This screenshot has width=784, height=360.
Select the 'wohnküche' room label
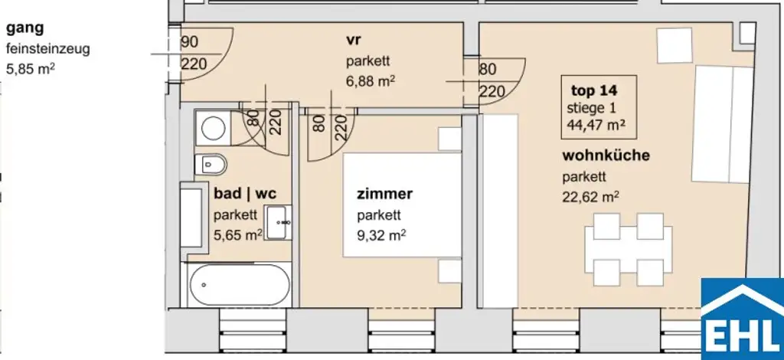coord(606,155)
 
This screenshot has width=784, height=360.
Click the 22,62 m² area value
coord(590,195)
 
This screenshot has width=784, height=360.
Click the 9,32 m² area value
coord(381,234)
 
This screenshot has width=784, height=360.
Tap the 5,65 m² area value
coord(238,234)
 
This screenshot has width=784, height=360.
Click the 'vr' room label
coord(353,38)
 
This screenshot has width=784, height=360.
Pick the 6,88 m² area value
coord(370,79)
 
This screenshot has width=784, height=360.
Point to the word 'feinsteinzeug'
coord(48,49)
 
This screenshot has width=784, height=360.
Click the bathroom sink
coord(278,222)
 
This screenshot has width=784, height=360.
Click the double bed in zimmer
coord(401,205)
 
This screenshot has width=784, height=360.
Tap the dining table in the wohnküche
coord(629,249)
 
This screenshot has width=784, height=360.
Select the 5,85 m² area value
coord(31,69)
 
